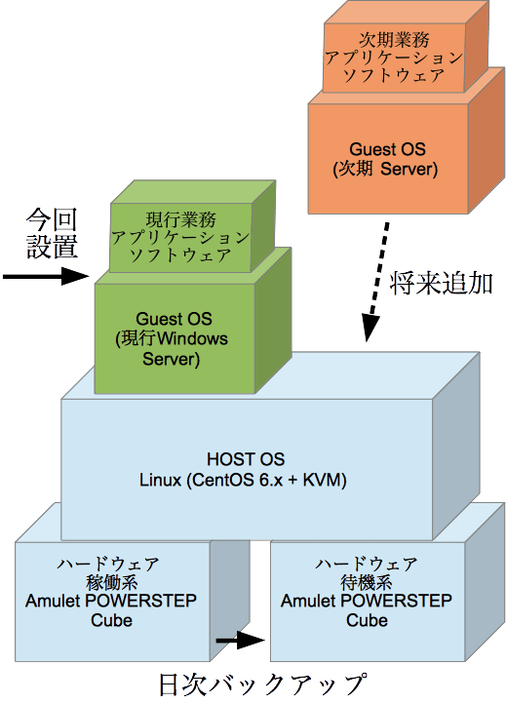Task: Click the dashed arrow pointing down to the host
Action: (376, 282)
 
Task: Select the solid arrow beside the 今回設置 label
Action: (46, 276)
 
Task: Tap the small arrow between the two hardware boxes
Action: (241, 640)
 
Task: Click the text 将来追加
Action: (441, 284)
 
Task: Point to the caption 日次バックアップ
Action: (263, 684)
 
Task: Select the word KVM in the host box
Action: (322, 480)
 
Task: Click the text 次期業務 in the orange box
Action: (395, 40)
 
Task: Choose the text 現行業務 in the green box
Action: (181, 219)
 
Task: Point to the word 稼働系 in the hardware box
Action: (111, 583)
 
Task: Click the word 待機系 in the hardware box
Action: (367, 583)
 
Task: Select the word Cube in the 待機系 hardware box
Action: (367, 620)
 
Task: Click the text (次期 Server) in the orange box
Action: (385, 169)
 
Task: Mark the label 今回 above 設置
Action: (52, 219)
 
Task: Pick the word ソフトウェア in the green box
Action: (180, 255)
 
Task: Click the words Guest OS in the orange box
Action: (387, 149)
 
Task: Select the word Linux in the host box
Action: (160, 480)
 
